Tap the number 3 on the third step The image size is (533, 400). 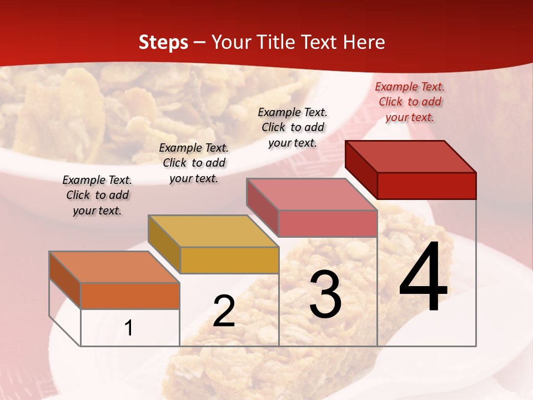click(325, 294)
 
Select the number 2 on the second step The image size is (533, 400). click(224, 311)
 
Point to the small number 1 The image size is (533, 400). click(128, 328)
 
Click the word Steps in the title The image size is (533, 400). click(163, 42)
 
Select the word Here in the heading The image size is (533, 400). click(364, 42)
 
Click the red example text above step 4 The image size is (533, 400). click(410, 102)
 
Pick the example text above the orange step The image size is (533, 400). click(97, 195)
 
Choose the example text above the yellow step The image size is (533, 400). click(194, 163)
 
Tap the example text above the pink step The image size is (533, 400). click(293, 127)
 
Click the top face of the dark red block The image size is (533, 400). click(411, 156)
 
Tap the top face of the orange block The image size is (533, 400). click(114, 267)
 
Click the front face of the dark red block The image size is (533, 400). click(426, 186)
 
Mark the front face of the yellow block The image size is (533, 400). click(229, 260)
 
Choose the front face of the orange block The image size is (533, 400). click(130, 296)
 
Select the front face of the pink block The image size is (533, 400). click(328, 223)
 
